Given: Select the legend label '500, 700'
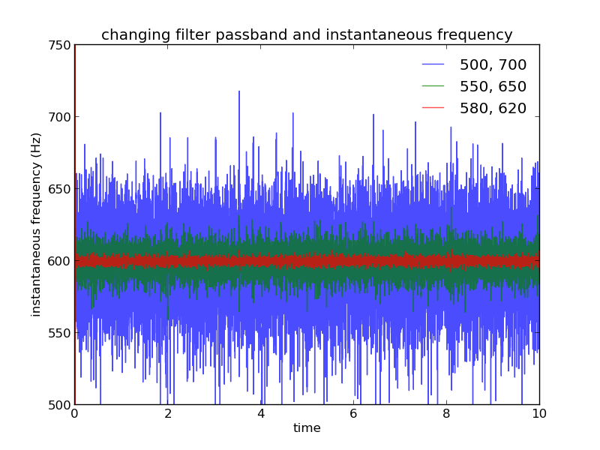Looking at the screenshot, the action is (493, 65).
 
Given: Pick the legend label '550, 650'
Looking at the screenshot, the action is (493, 87).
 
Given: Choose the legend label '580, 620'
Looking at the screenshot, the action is (493, 109).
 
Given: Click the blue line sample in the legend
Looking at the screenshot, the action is (433, 64).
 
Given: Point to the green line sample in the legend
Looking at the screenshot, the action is (433, 86).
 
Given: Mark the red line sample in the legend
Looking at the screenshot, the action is (433, 108).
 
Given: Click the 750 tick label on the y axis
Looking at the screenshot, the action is (59, 45).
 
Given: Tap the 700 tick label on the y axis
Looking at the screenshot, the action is (59, 117).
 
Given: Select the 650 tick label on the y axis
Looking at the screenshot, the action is (59, 189).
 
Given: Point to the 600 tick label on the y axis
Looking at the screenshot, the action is (59, 261).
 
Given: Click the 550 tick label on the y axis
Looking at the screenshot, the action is (59, 333).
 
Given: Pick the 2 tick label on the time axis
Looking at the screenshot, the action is (168, 414).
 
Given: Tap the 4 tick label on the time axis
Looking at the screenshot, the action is (261, 414).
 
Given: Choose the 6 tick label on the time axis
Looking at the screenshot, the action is (353, 414).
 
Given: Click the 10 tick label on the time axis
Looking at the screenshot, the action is (539, 414).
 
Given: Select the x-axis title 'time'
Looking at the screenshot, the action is (307, 427).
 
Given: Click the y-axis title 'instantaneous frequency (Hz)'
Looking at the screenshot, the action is (35, 225).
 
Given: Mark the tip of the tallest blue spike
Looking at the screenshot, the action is (239, 91).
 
